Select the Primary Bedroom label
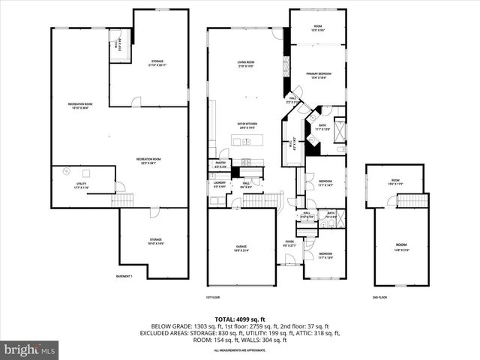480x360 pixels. coord(319,75)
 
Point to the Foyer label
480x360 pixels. coord(289,244)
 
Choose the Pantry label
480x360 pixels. coord(220,163)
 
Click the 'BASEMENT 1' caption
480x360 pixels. coord(124,277)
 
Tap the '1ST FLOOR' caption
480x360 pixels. coord(212,298)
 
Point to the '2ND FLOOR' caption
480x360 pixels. coord(379,298)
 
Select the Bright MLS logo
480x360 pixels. coord(30,349)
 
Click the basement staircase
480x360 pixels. coord(122,200)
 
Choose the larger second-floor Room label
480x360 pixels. coord(401,246)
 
